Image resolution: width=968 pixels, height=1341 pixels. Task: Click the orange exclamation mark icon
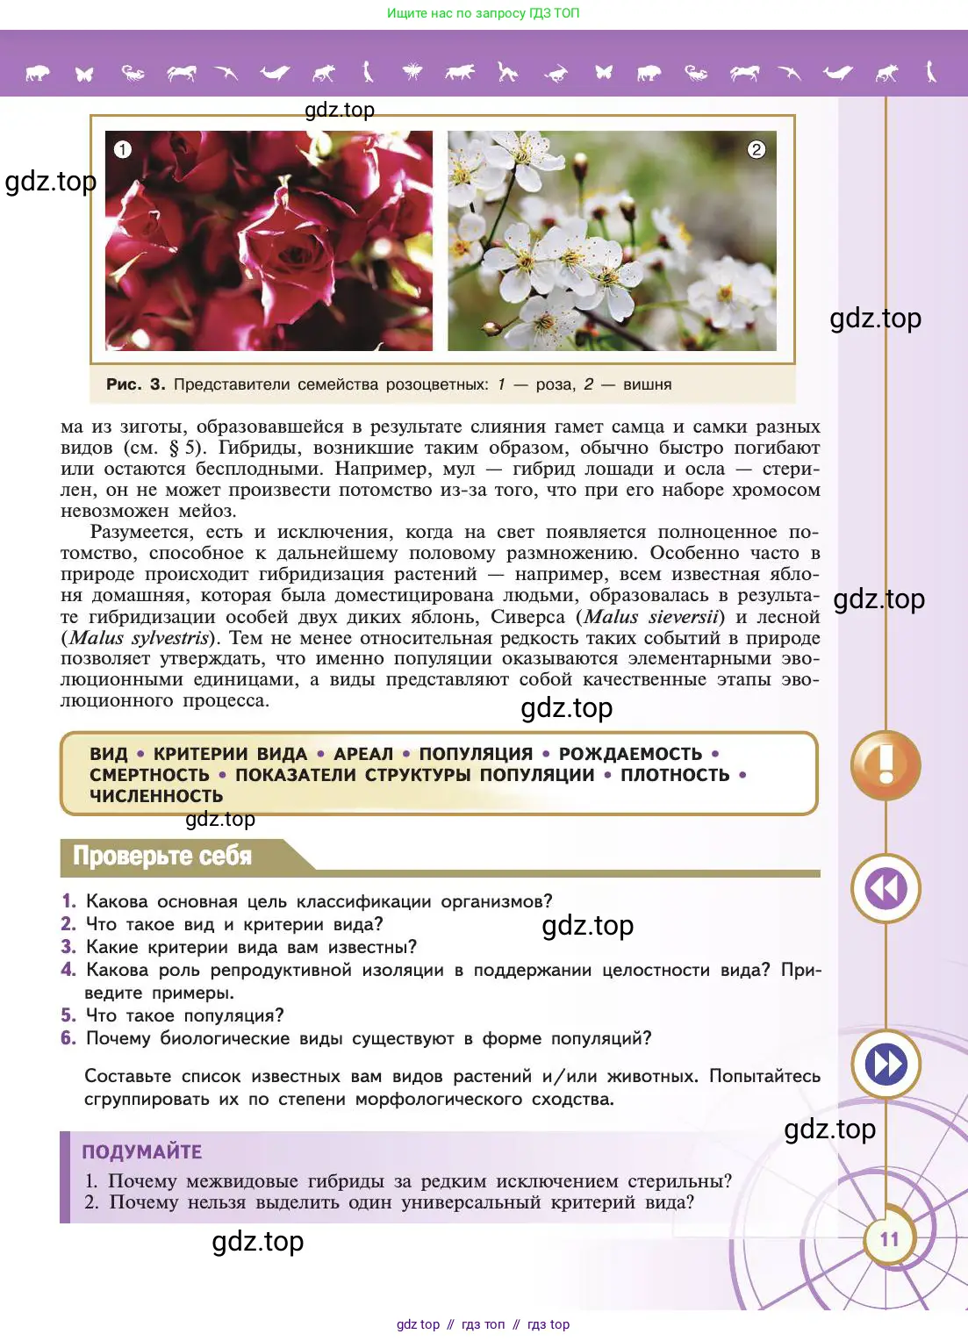click(886, 764)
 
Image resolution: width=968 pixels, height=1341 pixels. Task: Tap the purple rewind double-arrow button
click(886, 889)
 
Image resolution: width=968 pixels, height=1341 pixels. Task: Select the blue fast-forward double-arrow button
click(886, 1065)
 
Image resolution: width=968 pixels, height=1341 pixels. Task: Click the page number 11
click(889, 1239)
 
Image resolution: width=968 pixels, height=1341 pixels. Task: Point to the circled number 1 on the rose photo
click(123, 149)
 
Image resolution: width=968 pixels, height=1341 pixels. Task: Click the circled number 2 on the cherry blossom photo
click(756, 149)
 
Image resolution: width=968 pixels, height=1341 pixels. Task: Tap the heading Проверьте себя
click(162, 856)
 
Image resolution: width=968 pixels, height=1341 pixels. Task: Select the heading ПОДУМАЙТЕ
click(142, 1151)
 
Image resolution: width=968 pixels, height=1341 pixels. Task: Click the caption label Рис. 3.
click(135, 384)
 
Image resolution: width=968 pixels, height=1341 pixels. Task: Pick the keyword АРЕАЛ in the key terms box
click(363, 754)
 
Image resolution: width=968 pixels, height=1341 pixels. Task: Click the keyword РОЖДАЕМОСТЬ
click(630, 754)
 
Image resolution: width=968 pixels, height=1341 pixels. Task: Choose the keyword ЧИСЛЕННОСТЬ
click(156, 796)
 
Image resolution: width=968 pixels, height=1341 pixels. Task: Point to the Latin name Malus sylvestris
click(139, 638)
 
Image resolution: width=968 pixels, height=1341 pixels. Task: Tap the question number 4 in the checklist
click(68, 970)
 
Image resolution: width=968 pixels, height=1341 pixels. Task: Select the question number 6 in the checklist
click(68, 1038)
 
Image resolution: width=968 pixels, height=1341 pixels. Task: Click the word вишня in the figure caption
click(647, 384)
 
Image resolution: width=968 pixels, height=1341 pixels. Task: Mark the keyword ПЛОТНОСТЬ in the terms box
click(675, 775)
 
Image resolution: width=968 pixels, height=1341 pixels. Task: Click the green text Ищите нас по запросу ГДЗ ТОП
click(484, 13)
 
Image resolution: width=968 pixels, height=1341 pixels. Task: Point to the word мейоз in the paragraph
click(206, 511)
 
